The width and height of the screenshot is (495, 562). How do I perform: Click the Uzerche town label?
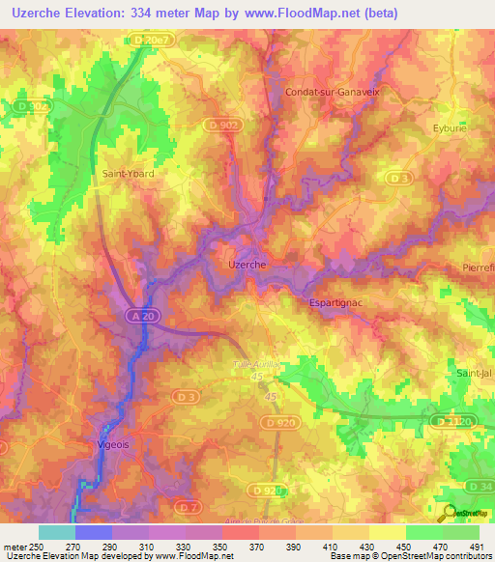pyautogui.click(x=245, y=264)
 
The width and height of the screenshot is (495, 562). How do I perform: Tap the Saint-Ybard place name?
pyautogui.click(x=128, y=174)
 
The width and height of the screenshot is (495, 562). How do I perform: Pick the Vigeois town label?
pyautogui.click(x=114, y=445)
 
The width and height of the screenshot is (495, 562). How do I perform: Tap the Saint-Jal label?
pyautogui.click(x=475, y=373)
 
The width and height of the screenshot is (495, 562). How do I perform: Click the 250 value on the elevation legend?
pyautogui.click(x=37, y=547)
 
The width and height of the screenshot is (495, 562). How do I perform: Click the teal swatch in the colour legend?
pyautogui.click(x=56, y=532)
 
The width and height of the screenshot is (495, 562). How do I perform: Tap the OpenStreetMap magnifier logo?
pyautogui.click(x=449, y=512)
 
